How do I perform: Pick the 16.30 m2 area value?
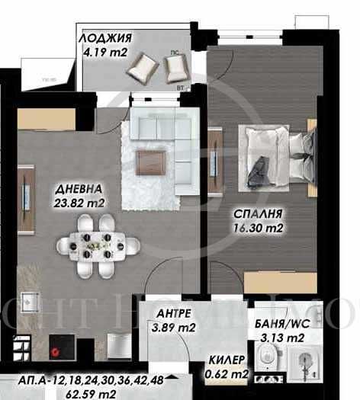[257, 226]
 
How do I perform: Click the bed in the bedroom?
[278, 158]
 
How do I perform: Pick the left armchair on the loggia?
[142, 71]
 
